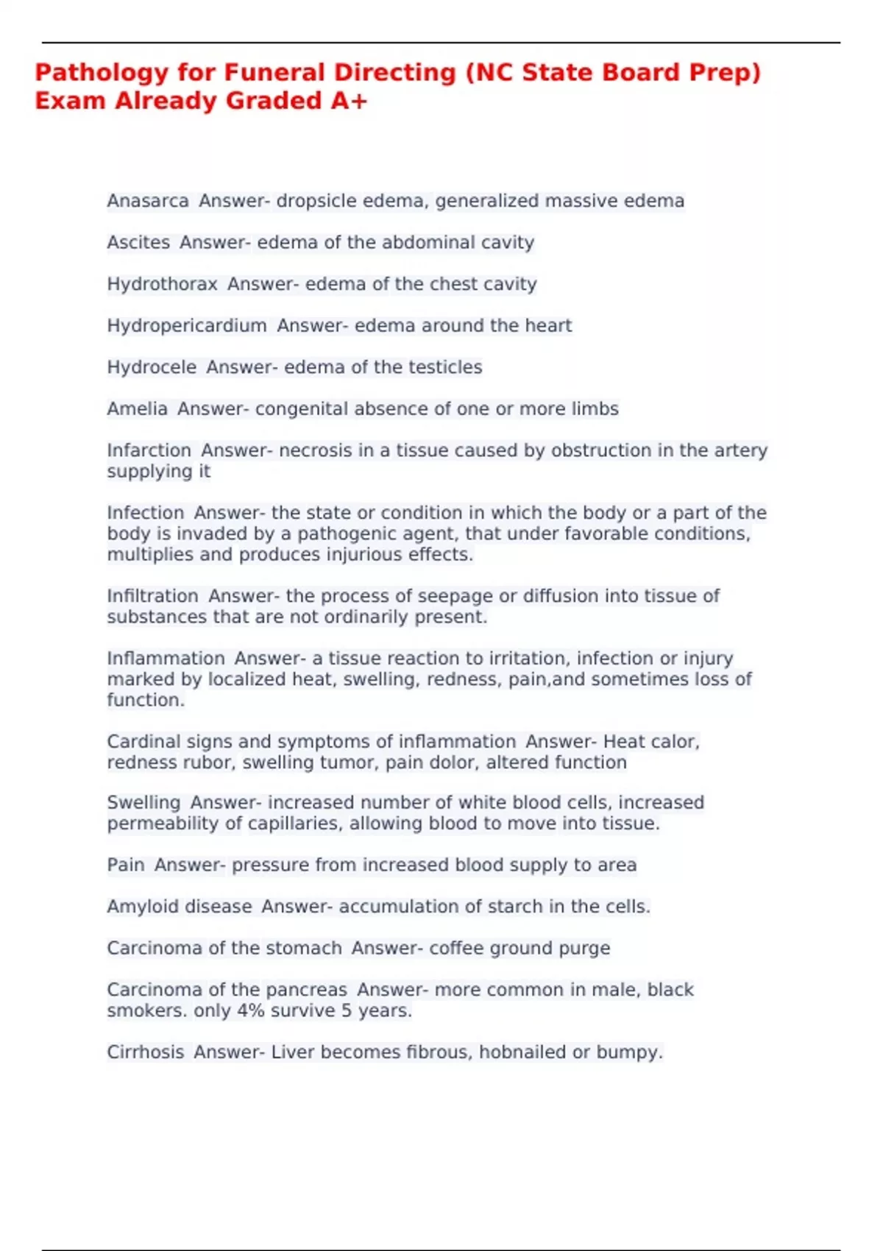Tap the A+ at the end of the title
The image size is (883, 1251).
pos(349,101)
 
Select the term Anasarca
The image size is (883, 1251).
pos(148,201)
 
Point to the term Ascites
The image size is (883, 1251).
pos(138,243)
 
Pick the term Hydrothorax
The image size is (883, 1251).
pos(162,284)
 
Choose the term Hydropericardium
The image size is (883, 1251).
pos(187,326)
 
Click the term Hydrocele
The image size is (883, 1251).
pos(152,367)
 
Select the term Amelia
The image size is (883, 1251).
pos(137,409)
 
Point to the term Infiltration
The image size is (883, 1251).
pos(152,596)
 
